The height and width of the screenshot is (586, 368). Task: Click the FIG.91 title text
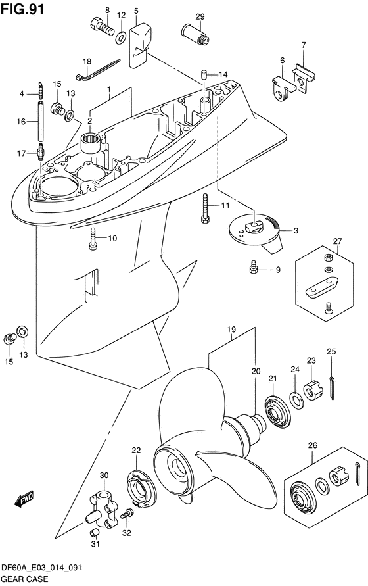(22, 9)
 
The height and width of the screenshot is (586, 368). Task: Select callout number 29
(200, 16)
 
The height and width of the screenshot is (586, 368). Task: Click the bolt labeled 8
(103, 27)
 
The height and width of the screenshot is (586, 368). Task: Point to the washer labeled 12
(121, 37)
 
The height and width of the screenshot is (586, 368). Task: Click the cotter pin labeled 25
(332, 387)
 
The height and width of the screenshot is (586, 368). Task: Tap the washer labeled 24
(296, 401)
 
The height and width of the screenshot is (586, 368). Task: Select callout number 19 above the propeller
(231, 330)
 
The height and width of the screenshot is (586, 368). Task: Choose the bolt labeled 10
(93, 239)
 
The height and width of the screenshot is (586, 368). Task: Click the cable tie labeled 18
(100, 68)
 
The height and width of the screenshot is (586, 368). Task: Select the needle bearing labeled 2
(92, 143)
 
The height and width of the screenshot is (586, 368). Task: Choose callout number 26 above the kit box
(312, 445)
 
